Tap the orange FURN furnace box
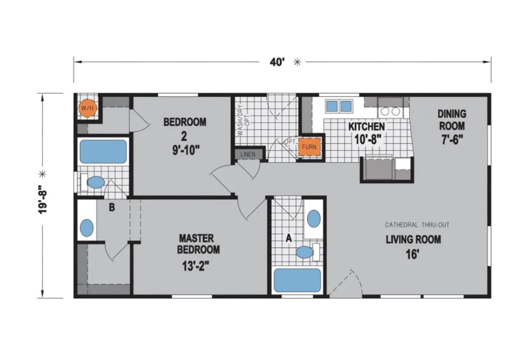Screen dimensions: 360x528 click(309, 147)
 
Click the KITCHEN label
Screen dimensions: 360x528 click(367, 127)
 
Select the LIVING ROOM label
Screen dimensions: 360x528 click(413, 240)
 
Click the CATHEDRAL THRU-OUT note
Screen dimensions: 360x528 click(417, 225)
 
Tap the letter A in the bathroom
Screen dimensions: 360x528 click(289, 238)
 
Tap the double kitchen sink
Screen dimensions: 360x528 click(339, 107)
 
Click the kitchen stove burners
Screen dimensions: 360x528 click(390, 111)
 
